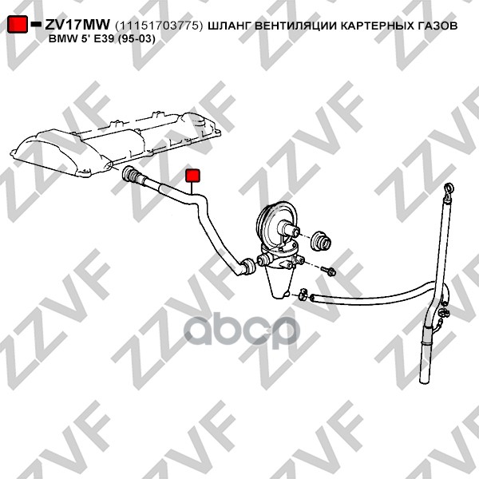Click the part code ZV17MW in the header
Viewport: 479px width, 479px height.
(77, 25)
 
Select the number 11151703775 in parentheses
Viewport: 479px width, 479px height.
(159, 26)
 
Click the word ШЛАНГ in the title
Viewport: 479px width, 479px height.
(229, 26)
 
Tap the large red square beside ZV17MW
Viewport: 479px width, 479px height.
(18, 24)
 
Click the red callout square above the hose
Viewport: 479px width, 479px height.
(192, 176)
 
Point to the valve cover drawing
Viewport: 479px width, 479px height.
(115, 143)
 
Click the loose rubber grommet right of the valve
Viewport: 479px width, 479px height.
(321, 240)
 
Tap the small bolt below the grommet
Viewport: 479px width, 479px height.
(328, 271)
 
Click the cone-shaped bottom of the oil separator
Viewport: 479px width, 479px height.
(279, 283)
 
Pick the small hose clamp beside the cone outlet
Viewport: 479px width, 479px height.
(303, 294)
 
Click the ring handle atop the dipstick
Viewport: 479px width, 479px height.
(449, 188)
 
